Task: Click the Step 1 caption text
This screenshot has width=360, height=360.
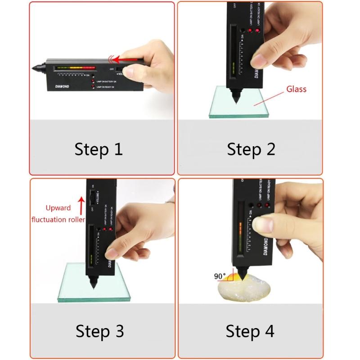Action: (99, 149)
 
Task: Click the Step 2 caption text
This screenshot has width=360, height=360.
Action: (251, 149)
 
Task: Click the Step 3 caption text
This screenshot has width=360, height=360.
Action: (99, 331)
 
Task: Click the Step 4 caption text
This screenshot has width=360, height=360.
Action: (250, 331)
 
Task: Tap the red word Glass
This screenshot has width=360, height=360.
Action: (296, 89)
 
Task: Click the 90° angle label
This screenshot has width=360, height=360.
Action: (220, 276)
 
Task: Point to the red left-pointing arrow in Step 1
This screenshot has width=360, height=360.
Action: (126, 59)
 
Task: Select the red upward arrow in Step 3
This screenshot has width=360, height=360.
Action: (81, 202)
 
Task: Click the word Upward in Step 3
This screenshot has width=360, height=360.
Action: (58, 208)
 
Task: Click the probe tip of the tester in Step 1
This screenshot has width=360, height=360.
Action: (35, 68)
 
